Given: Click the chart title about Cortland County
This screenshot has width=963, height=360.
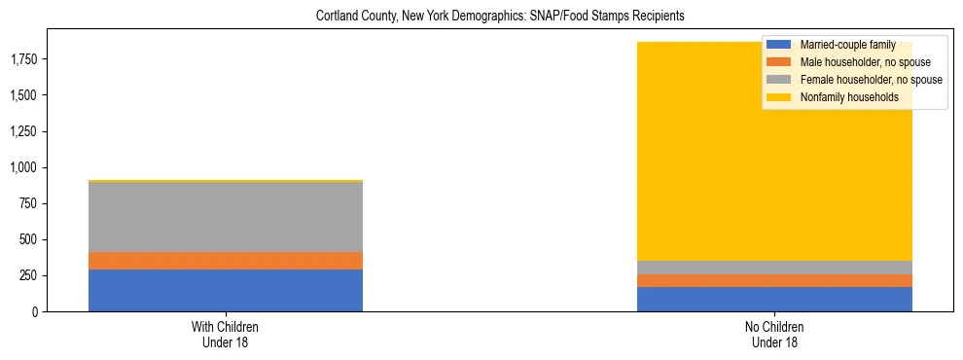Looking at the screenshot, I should click(481, 17).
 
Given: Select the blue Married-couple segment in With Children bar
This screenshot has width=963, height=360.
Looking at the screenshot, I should click(226, 290).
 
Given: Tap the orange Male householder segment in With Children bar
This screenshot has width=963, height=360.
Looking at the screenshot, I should click(226, 261).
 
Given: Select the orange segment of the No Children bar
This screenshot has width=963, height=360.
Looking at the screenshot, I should click(774, 280).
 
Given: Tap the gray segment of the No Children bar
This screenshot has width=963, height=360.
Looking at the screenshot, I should click(774, 268).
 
